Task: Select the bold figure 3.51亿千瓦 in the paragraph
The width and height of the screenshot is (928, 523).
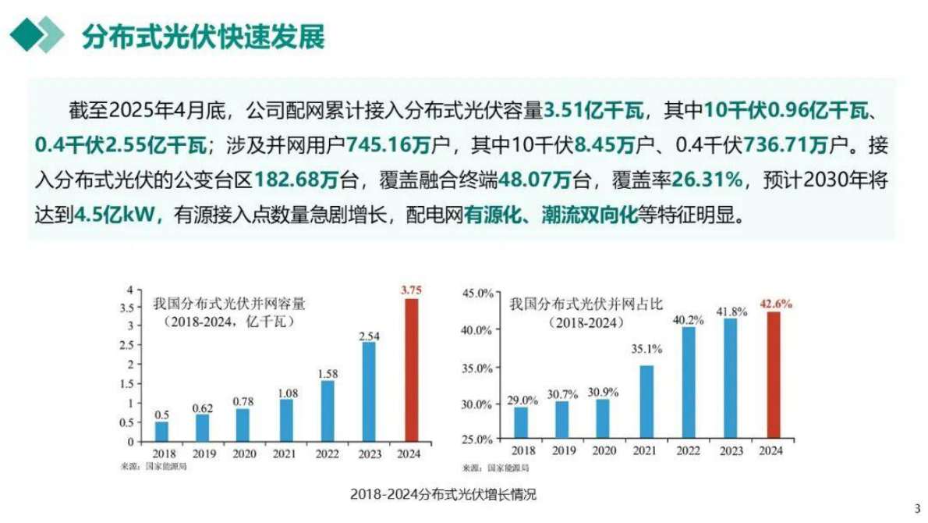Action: point(593,111)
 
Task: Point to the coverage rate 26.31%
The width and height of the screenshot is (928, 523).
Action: point(705,180)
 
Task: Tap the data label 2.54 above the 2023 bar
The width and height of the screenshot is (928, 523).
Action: point(370,336)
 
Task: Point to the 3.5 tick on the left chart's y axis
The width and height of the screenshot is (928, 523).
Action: point(129,307)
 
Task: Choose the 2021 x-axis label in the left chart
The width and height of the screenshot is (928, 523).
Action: point(285,452)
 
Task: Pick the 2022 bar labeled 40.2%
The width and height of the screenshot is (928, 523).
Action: point(689,383)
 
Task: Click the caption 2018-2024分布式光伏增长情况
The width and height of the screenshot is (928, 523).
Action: point(443,494)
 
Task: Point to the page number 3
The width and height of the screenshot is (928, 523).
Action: point(917,507)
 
